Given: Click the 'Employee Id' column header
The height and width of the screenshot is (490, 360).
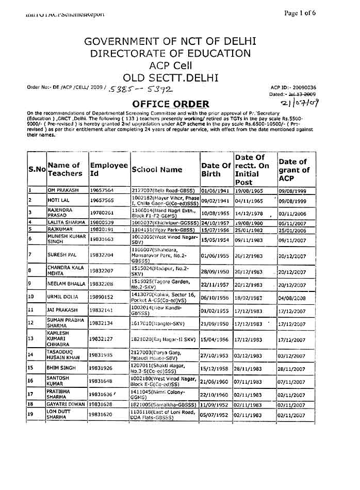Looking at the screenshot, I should click(x=108, y=170).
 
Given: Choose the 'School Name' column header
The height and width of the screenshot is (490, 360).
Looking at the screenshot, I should click(x=157, y=170).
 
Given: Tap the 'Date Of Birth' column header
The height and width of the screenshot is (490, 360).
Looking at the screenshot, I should click(x=216, y=170).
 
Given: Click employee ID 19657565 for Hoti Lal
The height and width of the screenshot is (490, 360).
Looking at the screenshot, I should click(x=102, y=201).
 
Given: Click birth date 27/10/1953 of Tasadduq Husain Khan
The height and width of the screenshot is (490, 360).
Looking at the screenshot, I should click(x=215, y=355).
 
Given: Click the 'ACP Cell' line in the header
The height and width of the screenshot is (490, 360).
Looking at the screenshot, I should click(x=170, y=66).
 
